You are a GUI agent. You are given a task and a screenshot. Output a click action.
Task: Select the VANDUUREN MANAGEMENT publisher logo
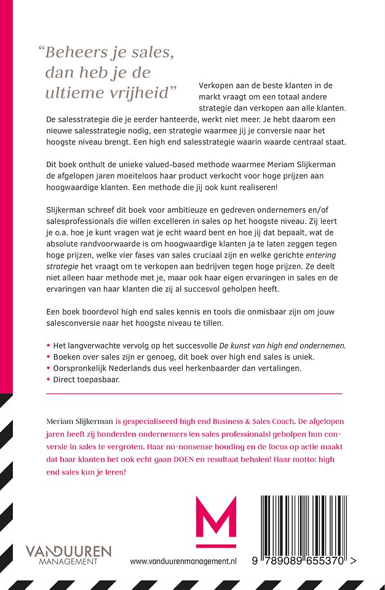pos(68,553)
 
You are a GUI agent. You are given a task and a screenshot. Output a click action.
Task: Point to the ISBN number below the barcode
pos(301,562)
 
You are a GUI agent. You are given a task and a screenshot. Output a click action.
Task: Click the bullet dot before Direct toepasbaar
pos(48,380)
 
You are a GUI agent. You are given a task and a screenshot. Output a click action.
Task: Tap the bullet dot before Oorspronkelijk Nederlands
pos(48,368)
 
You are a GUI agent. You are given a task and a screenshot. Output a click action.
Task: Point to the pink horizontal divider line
pos(194,393)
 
